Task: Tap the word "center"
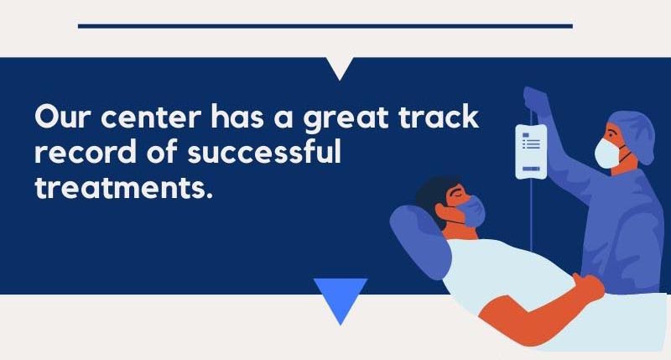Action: [150, 117]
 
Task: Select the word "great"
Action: [346, 119]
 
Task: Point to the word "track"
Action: [439, 117]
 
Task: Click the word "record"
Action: [85, 152]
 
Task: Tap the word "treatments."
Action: [123, 187]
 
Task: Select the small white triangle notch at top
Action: [340, 67]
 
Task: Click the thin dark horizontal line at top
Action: [325, 26]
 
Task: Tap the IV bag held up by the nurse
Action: [531, 151]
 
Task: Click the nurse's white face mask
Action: [606, 153]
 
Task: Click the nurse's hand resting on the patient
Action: [589, 287]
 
